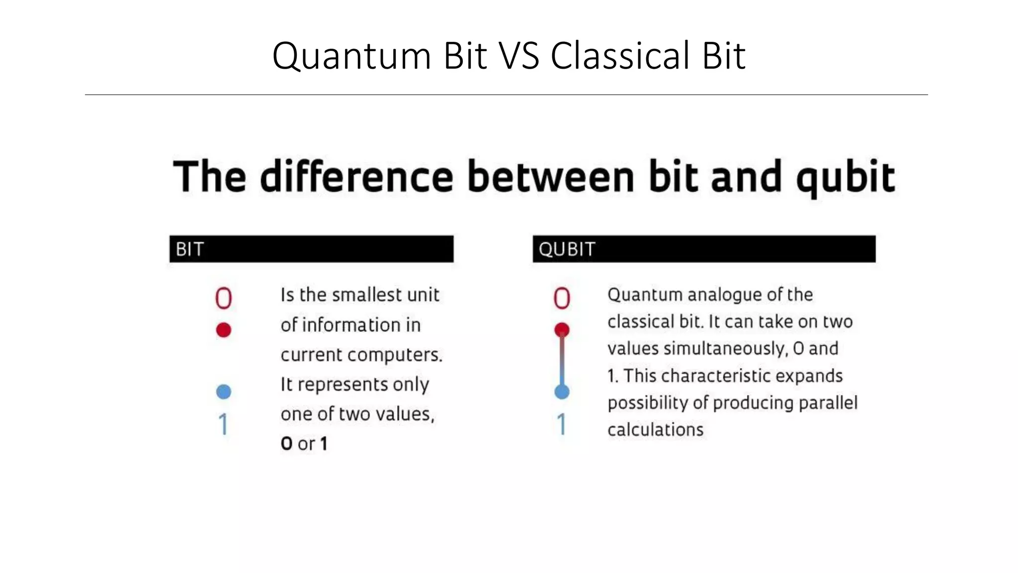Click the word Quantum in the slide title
(351, 56)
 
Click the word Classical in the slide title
(620, 56)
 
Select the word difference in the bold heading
(356, 177)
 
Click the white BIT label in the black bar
(189, 249)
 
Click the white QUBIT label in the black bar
(567, 249)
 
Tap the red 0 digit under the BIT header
(223, 298)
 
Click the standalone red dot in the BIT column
(224, 330)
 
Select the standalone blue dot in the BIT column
(224, 391)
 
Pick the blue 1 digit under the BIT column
(224, 424)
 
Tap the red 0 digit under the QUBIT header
(562, 298)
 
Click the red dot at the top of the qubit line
(562, 329)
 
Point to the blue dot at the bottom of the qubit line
(562, 391)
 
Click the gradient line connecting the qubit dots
(562, 361)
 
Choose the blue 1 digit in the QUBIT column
(562, 424)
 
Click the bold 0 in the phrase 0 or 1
(286, 444)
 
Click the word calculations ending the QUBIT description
(655, 430)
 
